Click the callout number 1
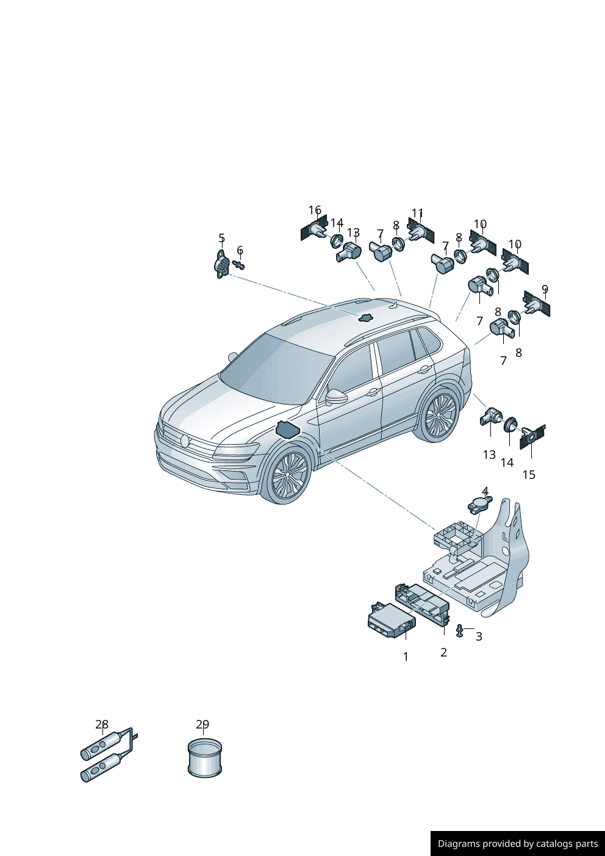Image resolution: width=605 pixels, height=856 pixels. (x=406, y=656)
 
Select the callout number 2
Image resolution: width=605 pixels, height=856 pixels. (x=443, y=652)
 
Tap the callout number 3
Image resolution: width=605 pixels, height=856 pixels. (x=479, y=636)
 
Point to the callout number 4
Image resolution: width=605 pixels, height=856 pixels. (x=485, y=491)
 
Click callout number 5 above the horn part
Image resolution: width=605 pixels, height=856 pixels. (x=221, y=238)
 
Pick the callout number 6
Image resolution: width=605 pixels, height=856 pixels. (x=240, y=250)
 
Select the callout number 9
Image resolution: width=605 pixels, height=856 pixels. (x=545, y=289)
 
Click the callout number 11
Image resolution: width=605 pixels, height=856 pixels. (x=417, y=213)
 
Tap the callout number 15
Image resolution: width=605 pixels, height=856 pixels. (x=529, y=475)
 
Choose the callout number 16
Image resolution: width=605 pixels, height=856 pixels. (x=315, y=210)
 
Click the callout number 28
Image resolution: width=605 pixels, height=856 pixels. (x=102, y=724)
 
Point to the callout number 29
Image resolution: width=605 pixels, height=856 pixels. (x=202, y=724)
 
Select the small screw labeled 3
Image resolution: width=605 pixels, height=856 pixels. (x=459, y=630)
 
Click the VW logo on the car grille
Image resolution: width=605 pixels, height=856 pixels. (x=185, y=441)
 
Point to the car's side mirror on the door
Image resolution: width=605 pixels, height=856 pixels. (x=335, y=397)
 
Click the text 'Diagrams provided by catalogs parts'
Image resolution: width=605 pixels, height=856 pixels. (x=518, y=844)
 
